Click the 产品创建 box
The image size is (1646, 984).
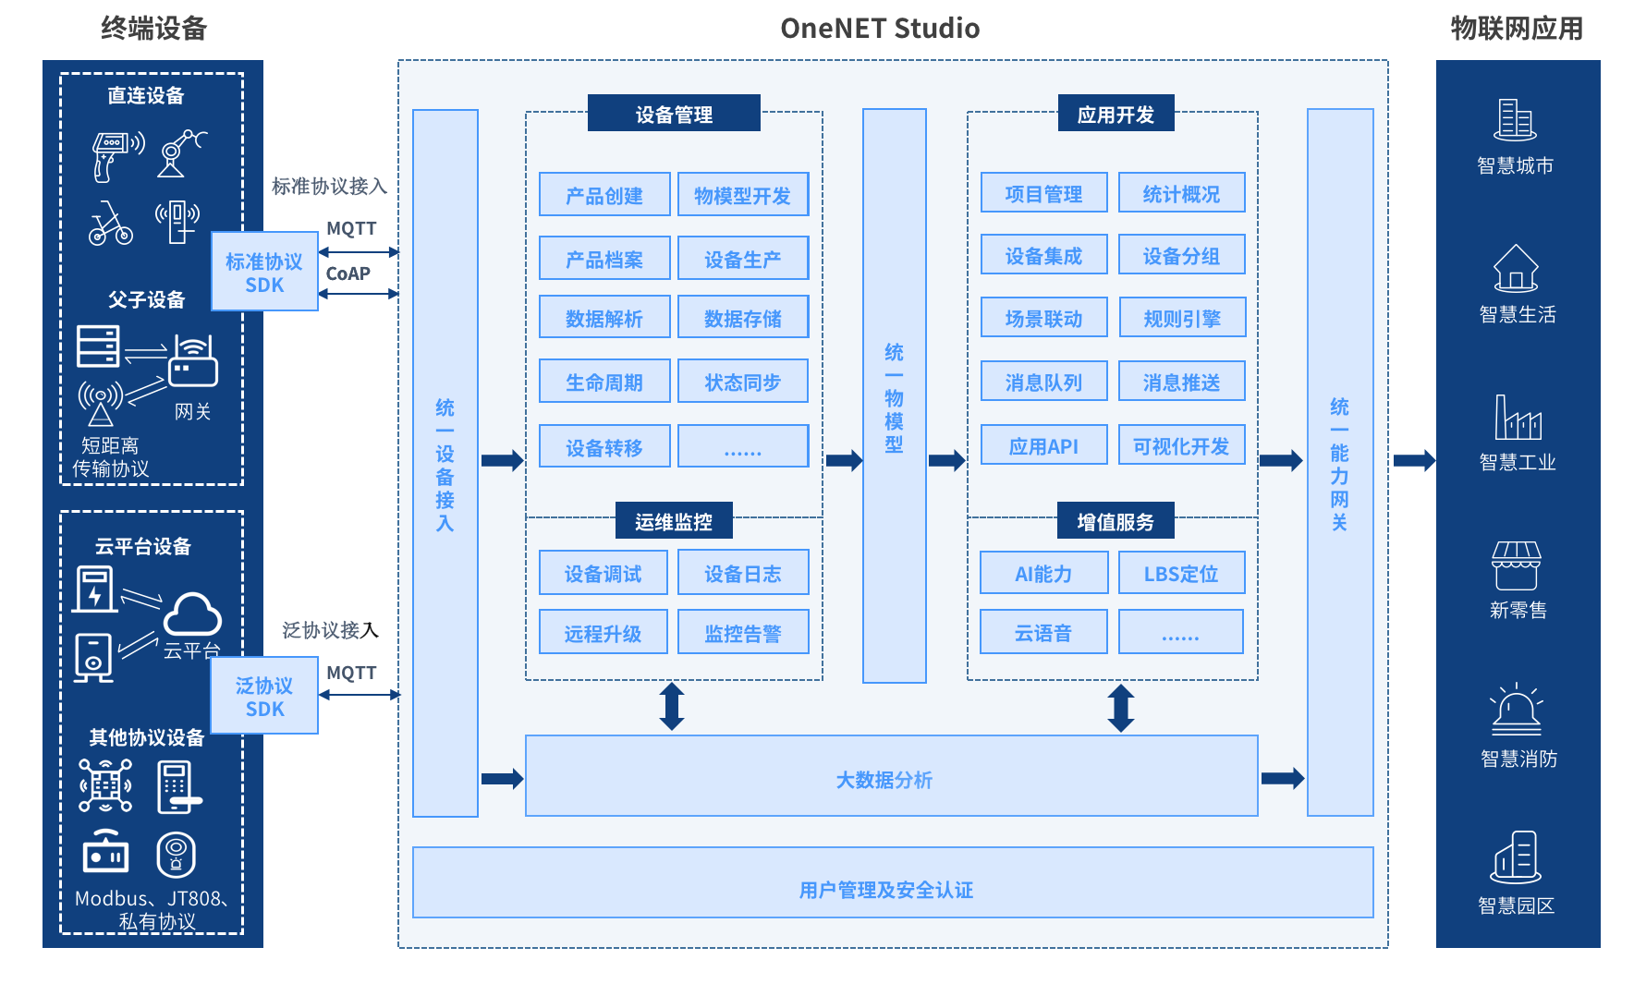[604, 194]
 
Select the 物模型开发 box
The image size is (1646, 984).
[743, 194]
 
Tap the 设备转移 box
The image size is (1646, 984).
[604, 446]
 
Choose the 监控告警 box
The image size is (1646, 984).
[743, 632]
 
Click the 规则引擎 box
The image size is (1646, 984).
[1182, 318]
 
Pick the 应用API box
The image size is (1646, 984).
[1043, 445]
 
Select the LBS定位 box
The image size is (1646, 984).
[1181, 573]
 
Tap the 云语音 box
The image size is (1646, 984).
[1043, 632]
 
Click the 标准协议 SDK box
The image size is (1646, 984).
[264, 273]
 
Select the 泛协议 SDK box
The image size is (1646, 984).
[264, 697]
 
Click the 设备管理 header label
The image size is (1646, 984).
[674, 114]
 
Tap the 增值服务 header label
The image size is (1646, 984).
[1116, 521]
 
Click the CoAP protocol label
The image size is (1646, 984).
[348, 273]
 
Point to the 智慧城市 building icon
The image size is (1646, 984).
[1515, 120]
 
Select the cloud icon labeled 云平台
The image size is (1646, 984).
[192, 613]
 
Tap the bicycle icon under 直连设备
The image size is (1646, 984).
[110, 225]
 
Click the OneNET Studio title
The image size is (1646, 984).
[879, 29]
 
